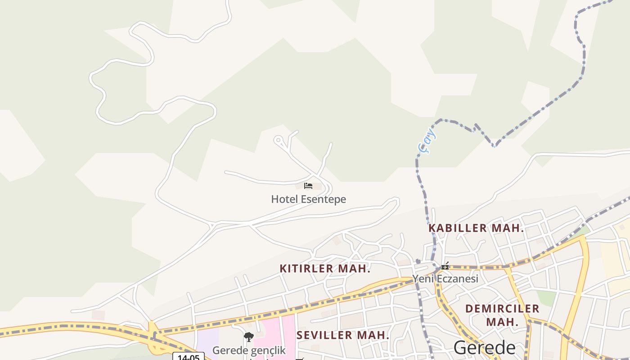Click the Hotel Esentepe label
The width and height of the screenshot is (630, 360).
point(308,199)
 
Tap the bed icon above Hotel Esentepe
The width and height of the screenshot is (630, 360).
point(308,185)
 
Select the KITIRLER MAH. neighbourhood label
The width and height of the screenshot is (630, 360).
point(325,269)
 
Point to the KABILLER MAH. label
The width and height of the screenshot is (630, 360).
point(476,228)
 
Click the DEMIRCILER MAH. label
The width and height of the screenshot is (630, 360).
point(502,315)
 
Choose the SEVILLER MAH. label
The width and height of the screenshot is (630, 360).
point(343,335)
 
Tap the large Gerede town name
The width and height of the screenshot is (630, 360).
point(484,348)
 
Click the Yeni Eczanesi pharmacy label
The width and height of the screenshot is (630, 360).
point(445,279)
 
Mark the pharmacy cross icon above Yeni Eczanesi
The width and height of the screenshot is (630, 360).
point(445,266)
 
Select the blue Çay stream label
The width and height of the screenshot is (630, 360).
point(427,141)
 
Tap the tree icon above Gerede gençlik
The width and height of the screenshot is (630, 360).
point(248,337)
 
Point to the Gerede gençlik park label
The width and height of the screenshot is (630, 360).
point(249,350)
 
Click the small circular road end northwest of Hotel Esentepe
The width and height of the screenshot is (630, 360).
point(279,140)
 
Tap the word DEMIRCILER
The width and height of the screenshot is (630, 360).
point(502,309)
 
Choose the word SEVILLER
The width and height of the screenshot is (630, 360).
point(324,335)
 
